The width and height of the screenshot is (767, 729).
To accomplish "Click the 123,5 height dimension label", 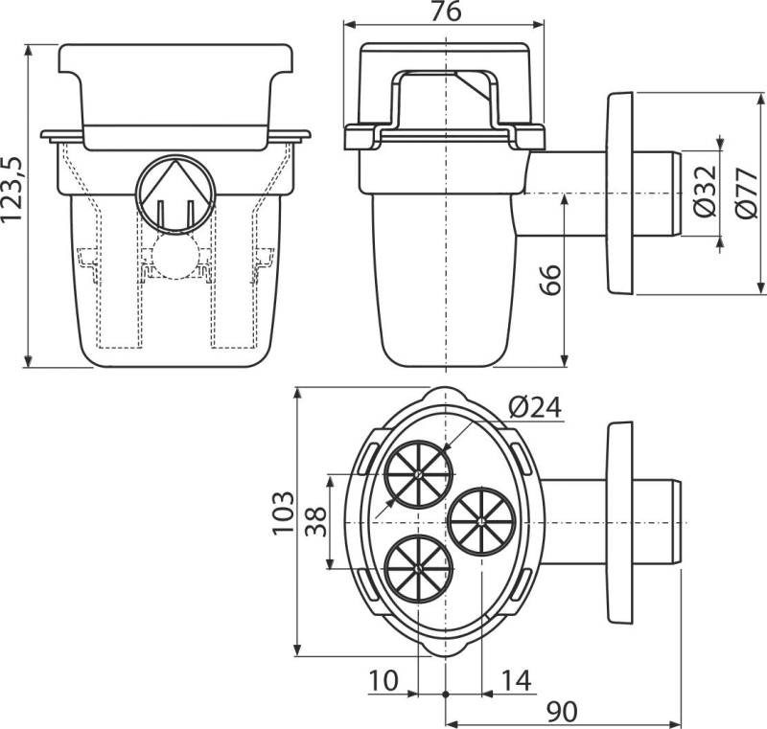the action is point(12,189).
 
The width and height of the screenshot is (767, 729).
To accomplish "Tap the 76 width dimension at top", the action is point(446,11).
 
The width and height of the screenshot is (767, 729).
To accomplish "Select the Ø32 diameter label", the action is point(705,191).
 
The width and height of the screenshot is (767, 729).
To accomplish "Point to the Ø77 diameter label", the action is point(747,193).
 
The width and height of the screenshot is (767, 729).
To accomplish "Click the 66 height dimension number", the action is point(549,280).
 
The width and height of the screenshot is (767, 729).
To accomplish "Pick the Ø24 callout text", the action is point(535,407).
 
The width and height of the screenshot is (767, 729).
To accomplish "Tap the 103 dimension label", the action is point(283,513).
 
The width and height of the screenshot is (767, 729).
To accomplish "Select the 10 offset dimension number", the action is point(383,681).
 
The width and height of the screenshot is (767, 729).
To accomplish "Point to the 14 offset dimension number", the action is point(516,681).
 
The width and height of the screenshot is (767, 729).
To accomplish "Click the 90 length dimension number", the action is point(562,712).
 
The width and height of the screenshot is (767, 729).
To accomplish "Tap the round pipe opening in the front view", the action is point(175,195).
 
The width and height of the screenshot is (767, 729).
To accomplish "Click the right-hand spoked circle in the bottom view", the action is point(482,521).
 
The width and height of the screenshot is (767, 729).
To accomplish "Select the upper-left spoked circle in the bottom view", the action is point(418,474).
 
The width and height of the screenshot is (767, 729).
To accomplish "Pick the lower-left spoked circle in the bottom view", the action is point(418,568).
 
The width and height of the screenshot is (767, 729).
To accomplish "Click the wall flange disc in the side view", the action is point(620,193).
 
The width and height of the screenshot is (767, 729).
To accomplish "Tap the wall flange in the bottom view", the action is point(620,523).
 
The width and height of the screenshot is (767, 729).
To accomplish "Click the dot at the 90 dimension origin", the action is point(446,694).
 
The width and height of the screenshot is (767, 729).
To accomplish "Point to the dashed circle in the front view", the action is point(175,256).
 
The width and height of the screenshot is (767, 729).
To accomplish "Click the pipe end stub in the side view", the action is point(657,194).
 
